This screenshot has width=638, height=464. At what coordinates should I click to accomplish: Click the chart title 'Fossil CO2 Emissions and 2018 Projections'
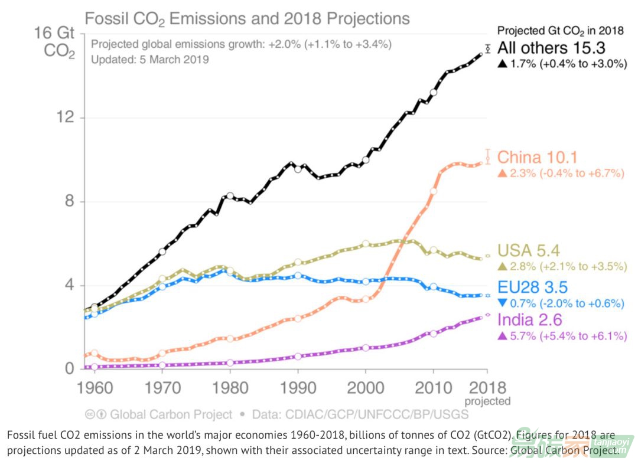[x=247, y=18]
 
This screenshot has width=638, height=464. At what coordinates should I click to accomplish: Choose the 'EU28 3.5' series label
[x=532, y=288]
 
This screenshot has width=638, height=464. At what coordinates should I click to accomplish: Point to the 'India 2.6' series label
[x=530, y=321]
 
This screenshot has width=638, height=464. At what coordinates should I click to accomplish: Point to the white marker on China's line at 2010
[x=434, y=191]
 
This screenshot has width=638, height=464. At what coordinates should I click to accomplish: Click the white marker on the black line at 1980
[x=230, y=195]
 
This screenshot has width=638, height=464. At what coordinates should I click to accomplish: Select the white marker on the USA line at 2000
[x=366, y=243]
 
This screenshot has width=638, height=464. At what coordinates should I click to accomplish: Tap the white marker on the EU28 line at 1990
[x=298, y=275]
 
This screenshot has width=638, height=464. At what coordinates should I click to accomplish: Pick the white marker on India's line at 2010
[x=434, y=334]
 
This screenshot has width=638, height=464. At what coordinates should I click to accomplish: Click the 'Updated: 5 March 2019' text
[x=149, y=60]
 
